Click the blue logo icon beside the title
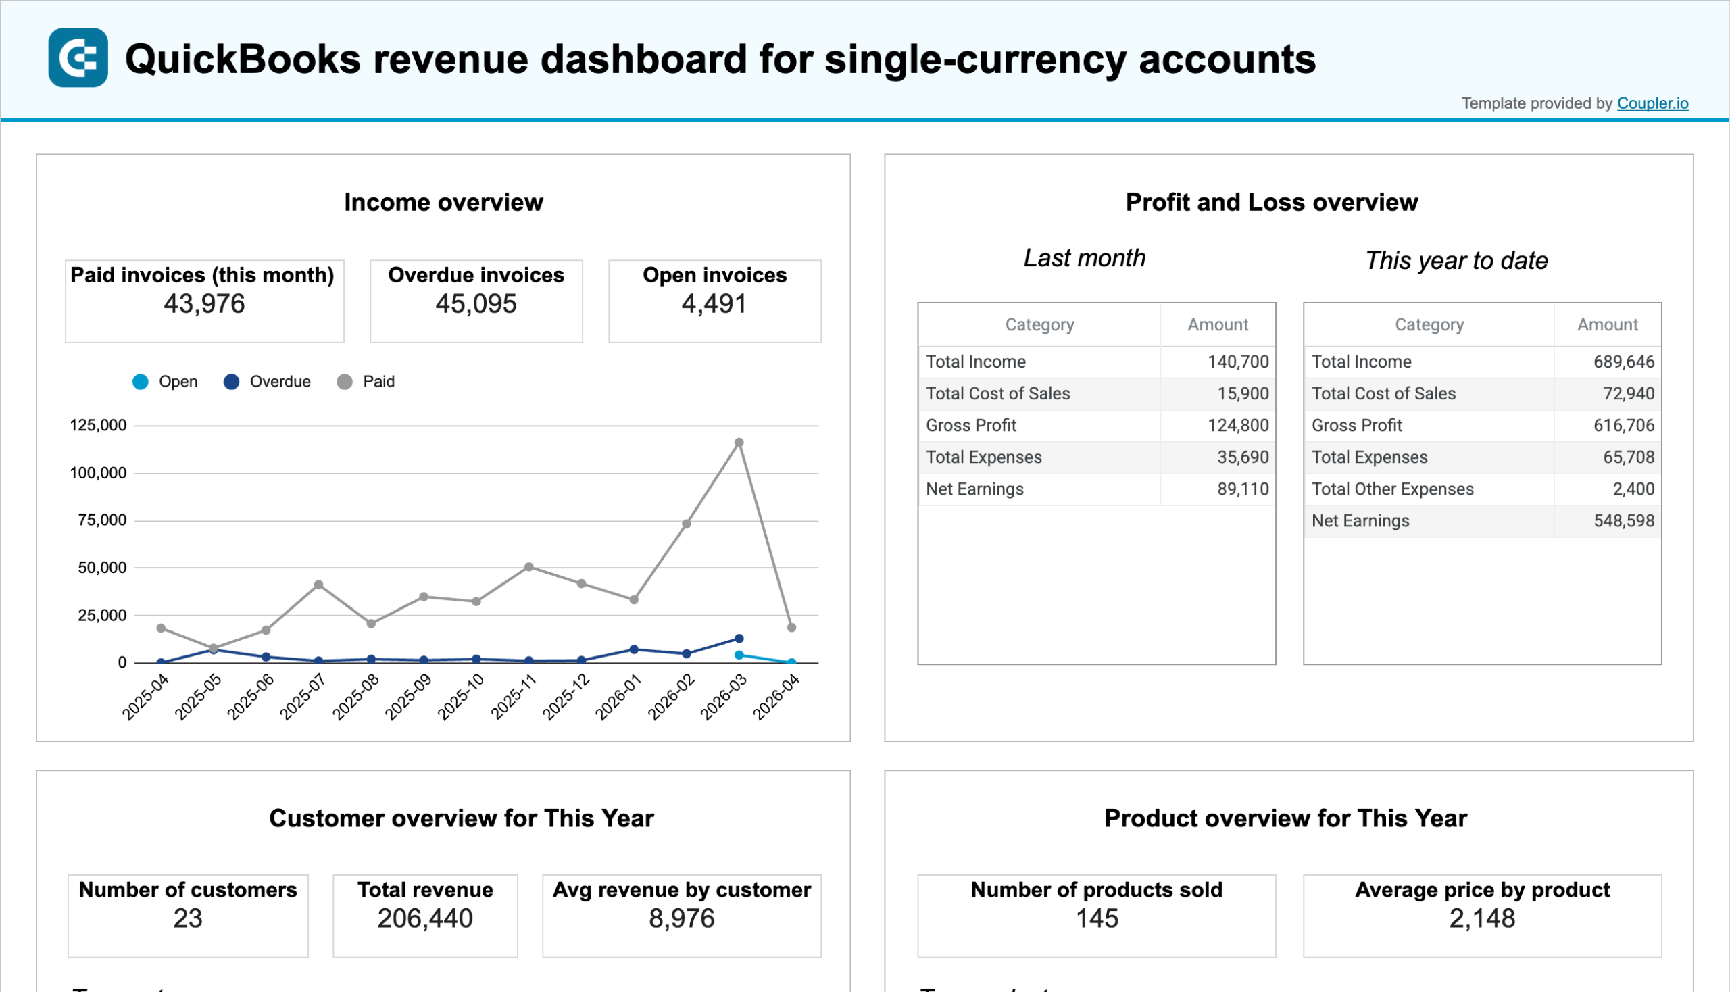click(x=78, y=58)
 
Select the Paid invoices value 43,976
click(x=203, y=304)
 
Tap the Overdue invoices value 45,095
click(x=476, y=304)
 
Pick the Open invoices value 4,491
click(x=714, y=304)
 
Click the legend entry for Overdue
click(x=266, y=382)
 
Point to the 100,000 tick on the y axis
click(x=98, y=473)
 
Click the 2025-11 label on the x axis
click(x=514, y=696)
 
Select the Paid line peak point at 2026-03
click(x=739, y=443)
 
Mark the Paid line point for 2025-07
click(x=318, y=585)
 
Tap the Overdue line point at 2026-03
click(x=739, y=639)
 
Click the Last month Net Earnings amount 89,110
click(x=1243, y=489)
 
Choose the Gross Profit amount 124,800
click(x=1237, y=425)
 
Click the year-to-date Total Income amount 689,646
click(x=1623, y=362)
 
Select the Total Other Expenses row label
click(x=1392, y=489)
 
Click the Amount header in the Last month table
click(x=1217, y=325)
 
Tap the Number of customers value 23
click(x=187, y=918)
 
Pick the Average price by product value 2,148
click(x=1481, y=918)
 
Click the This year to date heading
click(x=1456, y=261)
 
